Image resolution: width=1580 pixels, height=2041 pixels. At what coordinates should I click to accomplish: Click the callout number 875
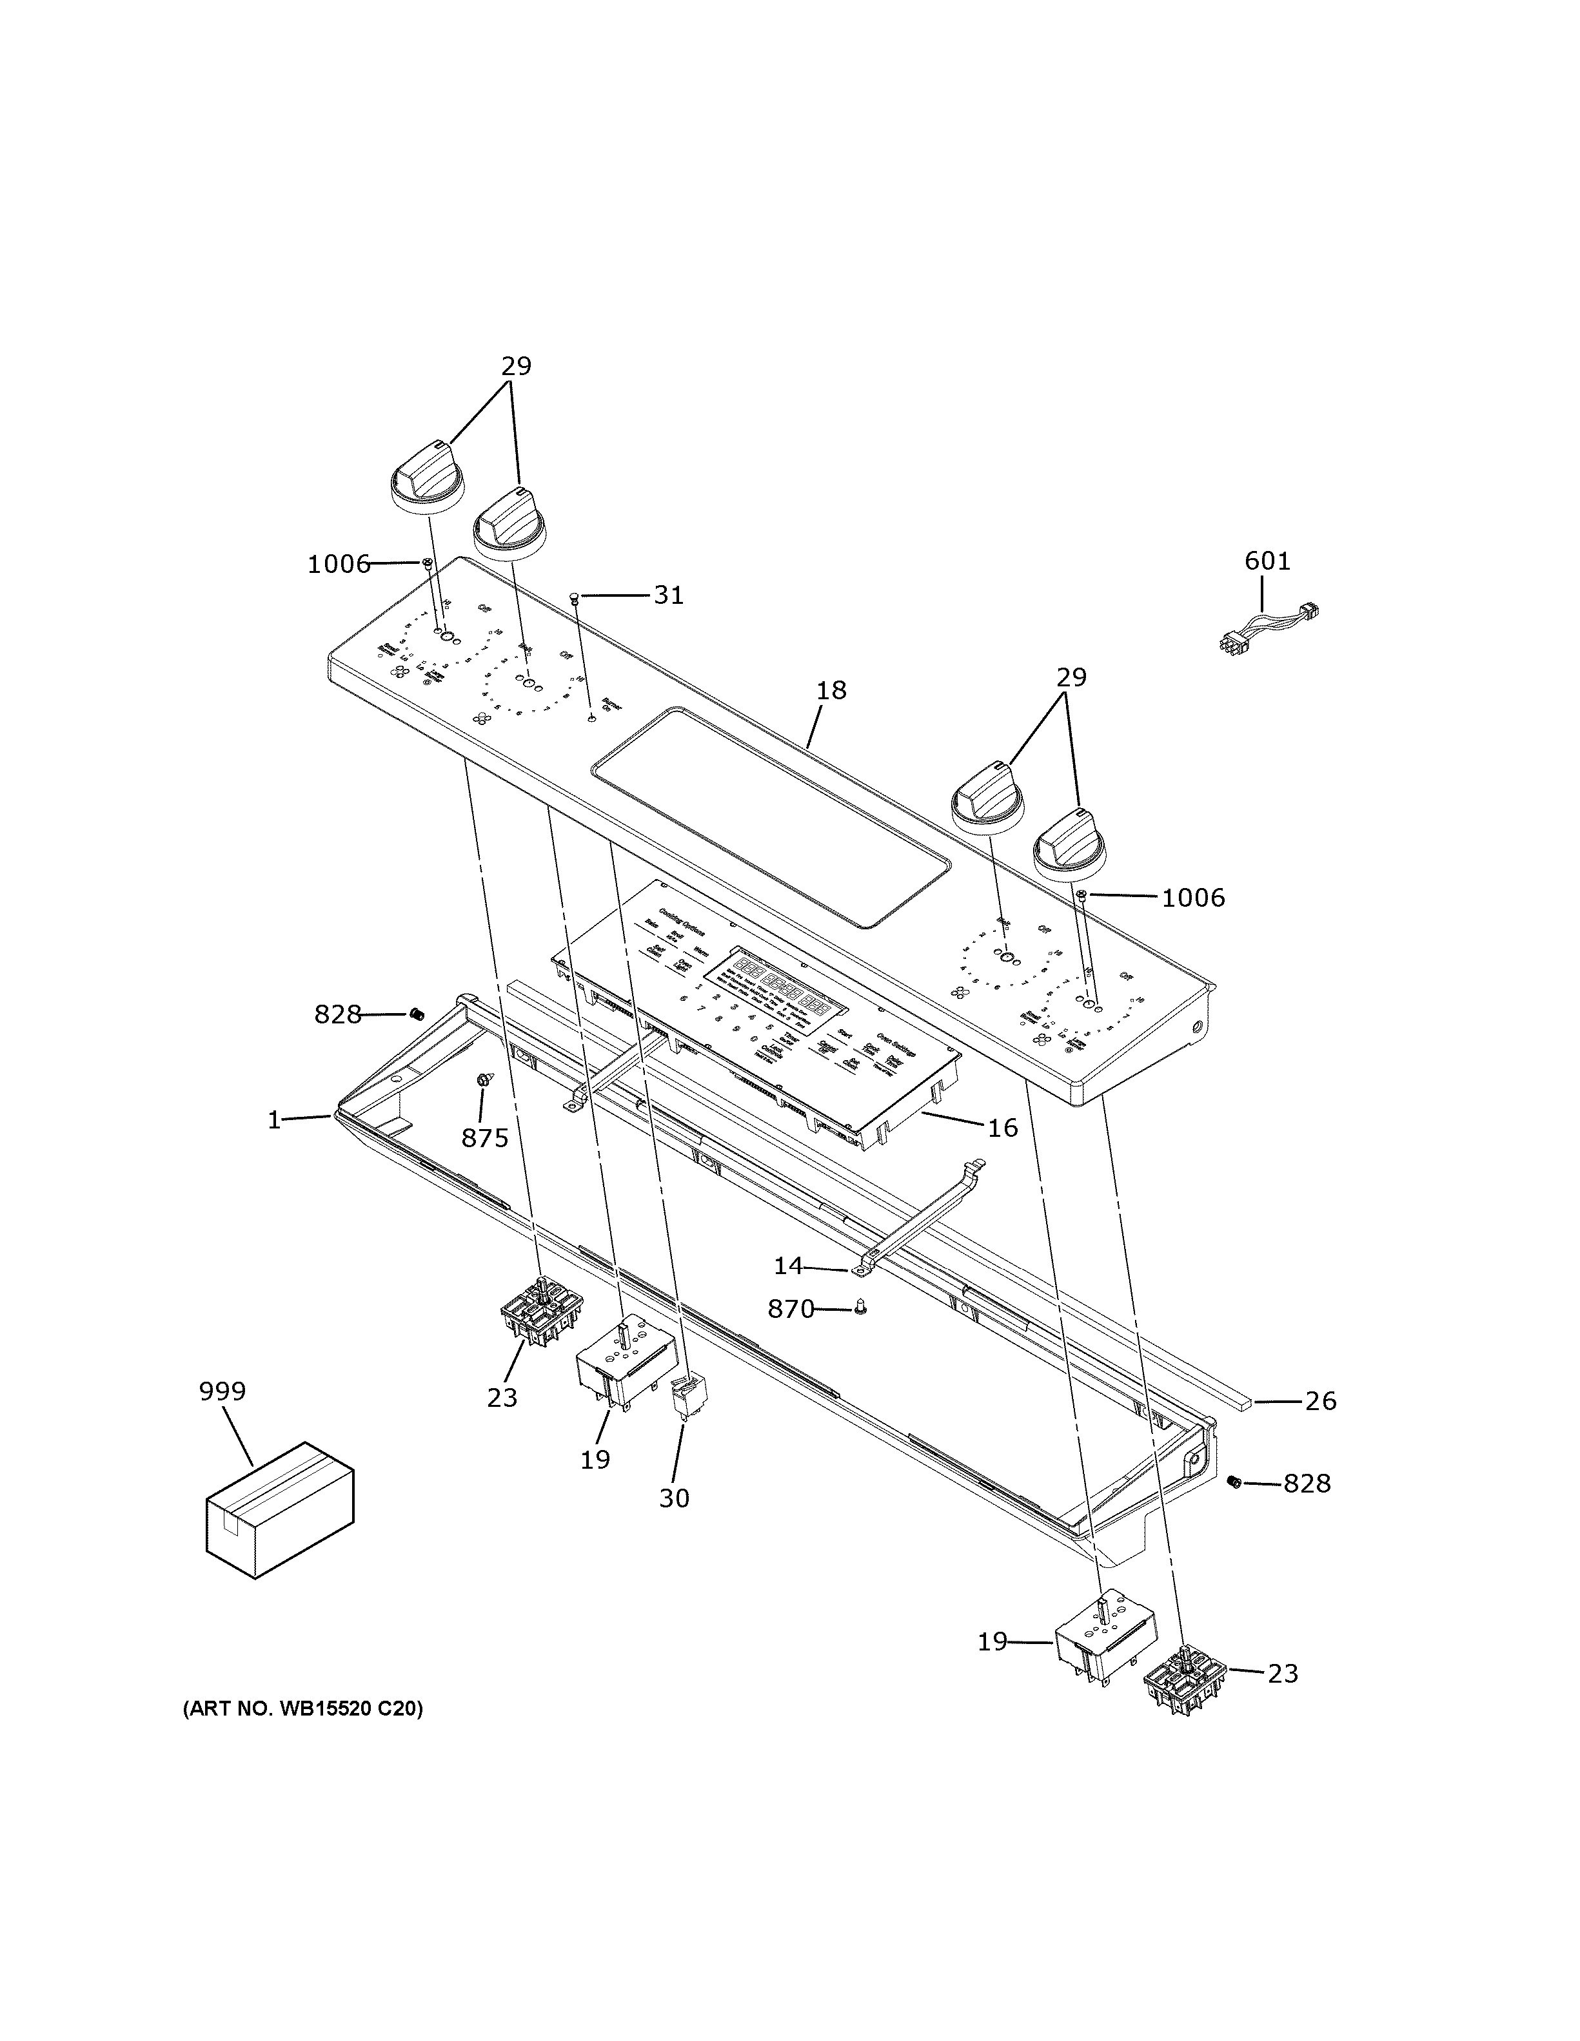484,1137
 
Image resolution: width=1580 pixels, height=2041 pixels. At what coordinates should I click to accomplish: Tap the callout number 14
787,1265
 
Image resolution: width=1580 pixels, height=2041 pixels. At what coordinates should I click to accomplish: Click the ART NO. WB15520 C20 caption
302,1709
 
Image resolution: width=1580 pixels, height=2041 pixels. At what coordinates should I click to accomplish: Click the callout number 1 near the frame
274,1119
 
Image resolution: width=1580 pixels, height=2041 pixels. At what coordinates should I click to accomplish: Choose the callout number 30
673,1498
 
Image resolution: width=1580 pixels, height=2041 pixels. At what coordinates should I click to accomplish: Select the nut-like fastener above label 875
483,1080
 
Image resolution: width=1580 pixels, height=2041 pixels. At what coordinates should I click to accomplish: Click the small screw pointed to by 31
576,596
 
